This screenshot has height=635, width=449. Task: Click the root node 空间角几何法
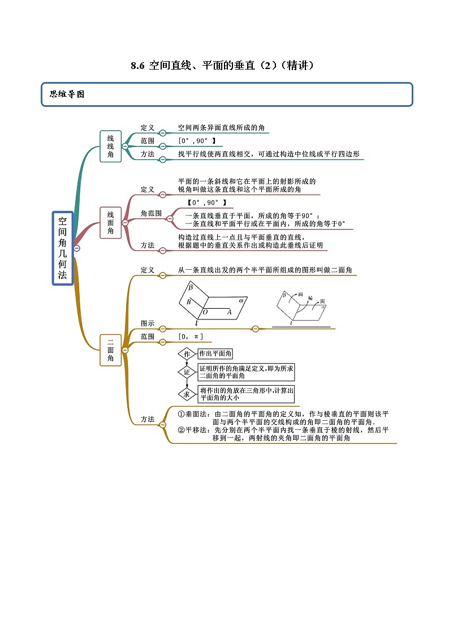(x=63, y=248)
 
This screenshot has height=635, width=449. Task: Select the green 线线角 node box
(x=110, y=146)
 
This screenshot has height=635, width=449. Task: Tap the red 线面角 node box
(x=110, y=222)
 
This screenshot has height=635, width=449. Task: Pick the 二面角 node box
(x=110, y=350)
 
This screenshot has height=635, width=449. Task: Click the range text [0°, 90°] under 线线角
(x=197, y=141)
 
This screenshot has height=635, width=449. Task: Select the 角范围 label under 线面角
(x=151, y=214)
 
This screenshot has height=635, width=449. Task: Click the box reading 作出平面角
(x=215, y=354)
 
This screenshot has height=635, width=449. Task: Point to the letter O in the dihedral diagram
(x=205, y=312)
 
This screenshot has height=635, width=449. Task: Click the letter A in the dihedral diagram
(x=229, y=312)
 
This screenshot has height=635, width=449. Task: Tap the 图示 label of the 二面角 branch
(x=148, y=323)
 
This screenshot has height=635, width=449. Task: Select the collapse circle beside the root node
(x=76, y=248)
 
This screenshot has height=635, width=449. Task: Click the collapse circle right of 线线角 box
(x=125, y=146)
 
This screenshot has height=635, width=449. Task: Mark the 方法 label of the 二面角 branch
(x=148, y=420)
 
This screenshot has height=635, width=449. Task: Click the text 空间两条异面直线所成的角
(x=221, y=128)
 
